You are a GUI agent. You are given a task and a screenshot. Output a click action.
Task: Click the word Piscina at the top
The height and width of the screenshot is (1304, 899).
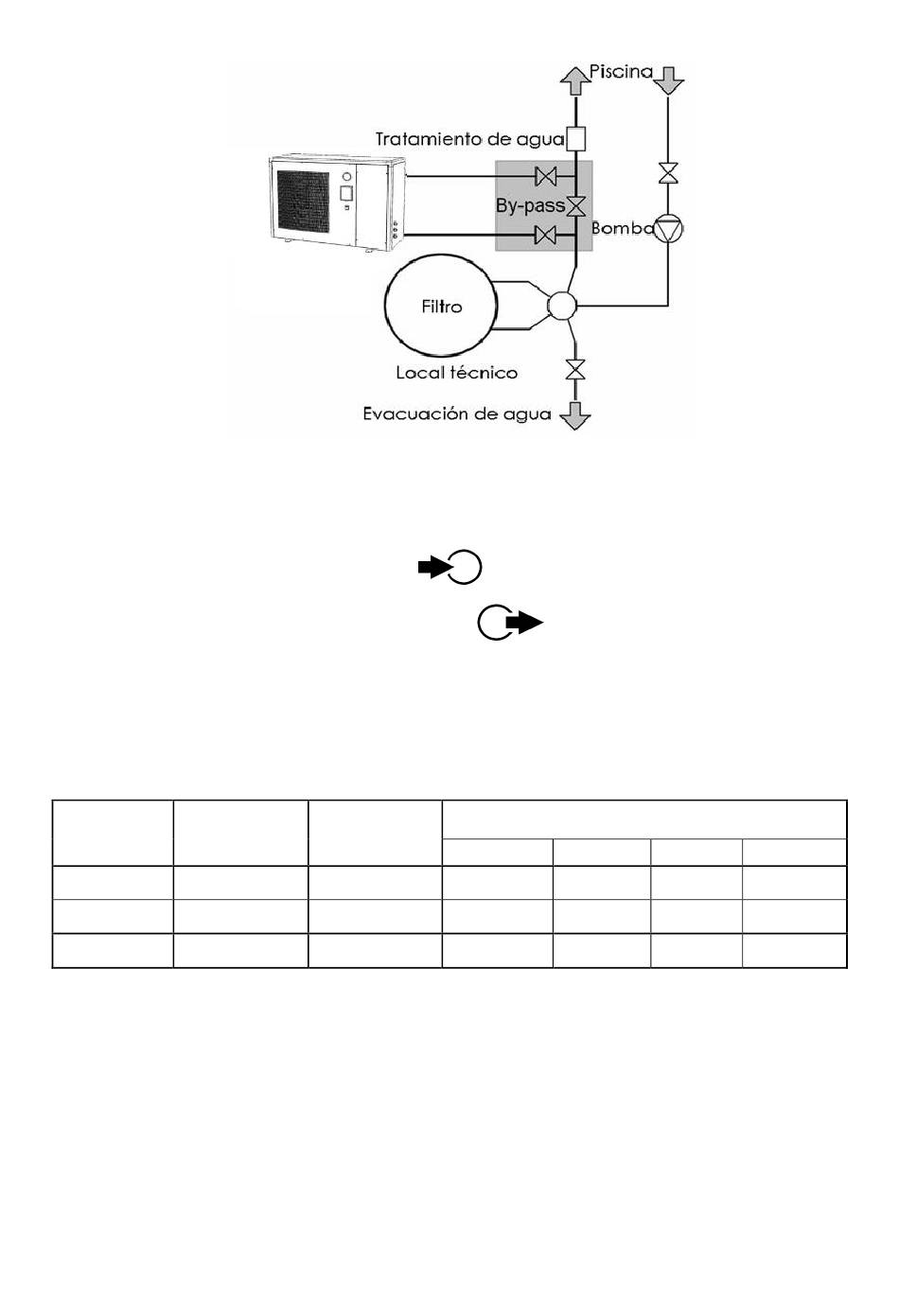click(x=621, y=72)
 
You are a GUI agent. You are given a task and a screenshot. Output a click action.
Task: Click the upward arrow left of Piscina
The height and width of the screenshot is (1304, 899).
click(x=575, y=80)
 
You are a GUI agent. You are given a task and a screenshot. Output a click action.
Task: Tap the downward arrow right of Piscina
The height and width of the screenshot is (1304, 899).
click(x=668, y=80)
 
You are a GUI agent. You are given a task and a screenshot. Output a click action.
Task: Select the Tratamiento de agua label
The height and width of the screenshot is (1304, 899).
click(x=469, y=139)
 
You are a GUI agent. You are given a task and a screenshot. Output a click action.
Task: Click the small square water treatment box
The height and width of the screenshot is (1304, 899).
click(x=576, y=139)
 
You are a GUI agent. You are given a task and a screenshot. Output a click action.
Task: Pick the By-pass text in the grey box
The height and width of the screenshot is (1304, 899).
click(x=531, y=205)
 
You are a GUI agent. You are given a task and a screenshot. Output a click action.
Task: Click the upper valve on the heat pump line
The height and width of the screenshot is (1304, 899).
click(x=546, y=175)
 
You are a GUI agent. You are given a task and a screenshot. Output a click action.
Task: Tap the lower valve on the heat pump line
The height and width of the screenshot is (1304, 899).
click(x=546, y=236)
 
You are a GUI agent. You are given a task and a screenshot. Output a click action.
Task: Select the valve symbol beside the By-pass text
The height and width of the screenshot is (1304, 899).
click(x=576, y=205)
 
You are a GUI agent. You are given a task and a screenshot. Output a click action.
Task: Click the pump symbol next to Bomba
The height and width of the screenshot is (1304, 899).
click(x=668, y=229)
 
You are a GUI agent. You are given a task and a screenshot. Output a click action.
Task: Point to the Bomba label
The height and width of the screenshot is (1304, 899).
click(x=622, y=228)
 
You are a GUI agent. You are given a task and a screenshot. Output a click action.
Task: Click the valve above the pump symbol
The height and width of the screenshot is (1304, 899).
click(x=668, y=173)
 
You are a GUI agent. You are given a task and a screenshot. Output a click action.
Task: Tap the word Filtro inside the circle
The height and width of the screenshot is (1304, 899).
click(x=441, y=307)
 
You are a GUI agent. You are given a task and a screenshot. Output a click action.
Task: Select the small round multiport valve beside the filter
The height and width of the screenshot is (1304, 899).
click(x=562, y=305)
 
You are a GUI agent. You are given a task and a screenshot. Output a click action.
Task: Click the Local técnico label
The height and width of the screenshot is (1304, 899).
click(x=456, y=373)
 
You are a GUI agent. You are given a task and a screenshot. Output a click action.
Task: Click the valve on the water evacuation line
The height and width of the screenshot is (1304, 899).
click(x=575, y=370)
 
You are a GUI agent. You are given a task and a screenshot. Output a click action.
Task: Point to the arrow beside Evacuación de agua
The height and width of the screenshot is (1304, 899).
click(x=575, y=415)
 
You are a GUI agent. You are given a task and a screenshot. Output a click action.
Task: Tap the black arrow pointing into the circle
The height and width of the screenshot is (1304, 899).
click(x=433, y=567)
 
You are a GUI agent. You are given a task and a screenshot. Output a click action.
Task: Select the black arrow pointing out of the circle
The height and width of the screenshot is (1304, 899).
click(x=524, y=623)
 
